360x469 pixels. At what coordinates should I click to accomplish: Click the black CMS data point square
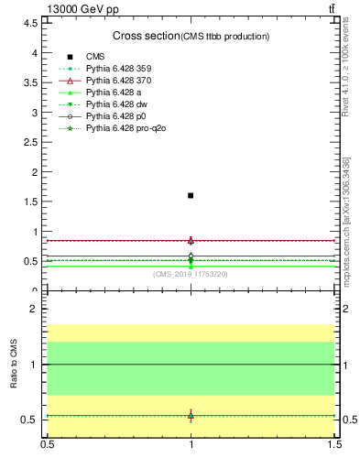(191, 195)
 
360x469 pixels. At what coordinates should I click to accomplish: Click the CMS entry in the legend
(96, 57)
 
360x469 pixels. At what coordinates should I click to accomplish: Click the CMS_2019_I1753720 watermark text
(191, 273)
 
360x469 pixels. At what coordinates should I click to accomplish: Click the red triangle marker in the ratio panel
(191, 415)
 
